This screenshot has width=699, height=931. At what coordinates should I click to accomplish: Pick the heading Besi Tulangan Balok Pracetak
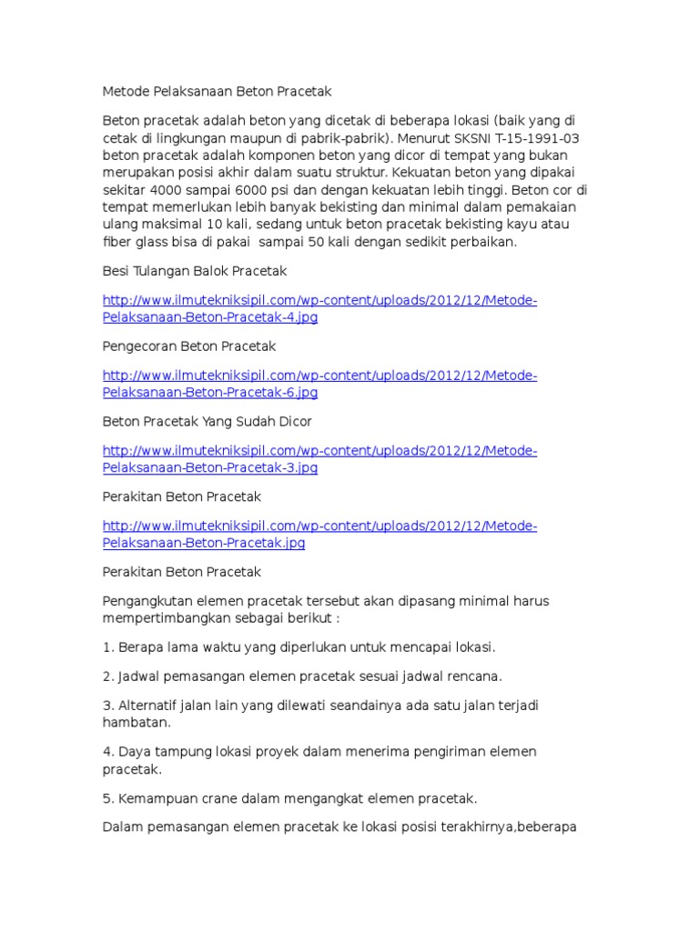[x=195, y=271]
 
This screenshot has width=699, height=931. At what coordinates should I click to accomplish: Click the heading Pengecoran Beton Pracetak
[x=189, y=346]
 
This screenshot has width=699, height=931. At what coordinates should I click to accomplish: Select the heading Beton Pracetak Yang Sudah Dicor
[x=208, y=422]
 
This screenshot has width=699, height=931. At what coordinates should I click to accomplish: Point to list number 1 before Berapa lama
[x=106, y=647]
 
